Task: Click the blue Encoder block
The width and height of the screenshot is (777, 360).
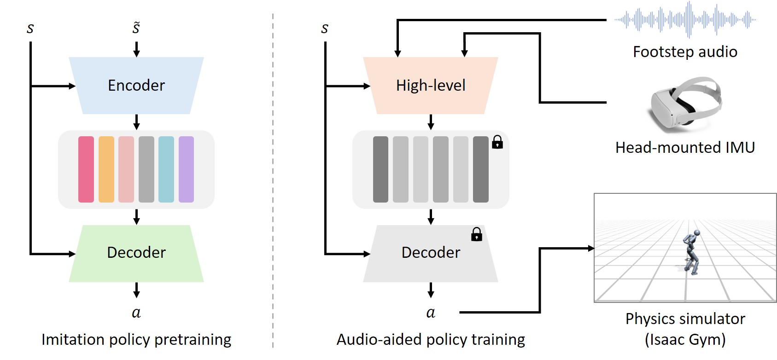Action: click(x=136, y=85)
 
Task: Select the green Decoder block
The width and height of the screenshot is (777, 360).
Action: click(x=136, y=254)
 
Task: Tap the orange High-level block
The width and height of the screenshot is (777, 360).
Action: click(x=431, y=85)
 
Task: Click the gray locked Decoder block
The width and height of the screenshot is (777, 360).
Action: click(x=431, y=254)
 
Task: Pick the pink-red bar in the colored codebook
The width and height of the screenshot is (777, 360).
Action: click(x=86, y=169)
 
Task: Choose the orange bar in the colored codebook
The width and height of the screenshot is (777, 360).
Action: click(x=106, y=169)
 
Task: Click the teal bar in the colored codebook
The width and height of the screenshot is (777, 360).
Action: click(x=166, y=169)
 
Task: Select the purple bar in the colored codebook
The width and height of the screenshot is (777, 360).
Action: click(x=186, y=169)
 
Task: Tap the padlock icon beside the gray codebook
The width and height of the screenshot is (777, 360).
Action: click(x=497, y=142)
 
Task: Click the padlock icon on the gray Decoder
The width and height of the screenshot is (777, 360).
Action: click(x=477, y=234)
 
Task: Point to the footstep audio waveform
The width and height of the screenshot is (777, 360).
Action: click(x=685, y=19)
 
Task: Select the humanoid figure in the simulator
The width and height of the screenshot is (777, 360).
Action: click(x=691, y=252)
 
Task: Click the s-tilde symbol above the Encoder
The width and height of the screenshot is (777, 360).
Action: click(x=136, y=28)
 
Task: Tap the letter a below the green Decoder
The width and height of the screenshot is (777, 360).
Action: click(x=136, y=313)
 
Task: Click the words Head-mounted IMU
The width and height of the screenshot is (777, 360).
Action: click(x=685, y=147)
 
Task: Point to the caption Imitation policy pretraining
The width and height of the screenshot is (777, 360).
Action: click(x=136, y=340)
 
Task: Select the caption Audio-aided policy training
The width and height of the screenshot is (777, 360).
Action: click(x=431, y=340)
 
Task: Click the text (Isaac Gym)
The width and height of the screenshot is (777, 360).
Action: click(x=685, y=340)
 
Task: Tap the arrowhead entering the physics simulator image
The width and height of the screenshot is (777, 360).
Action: click(x=591, y=248)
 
